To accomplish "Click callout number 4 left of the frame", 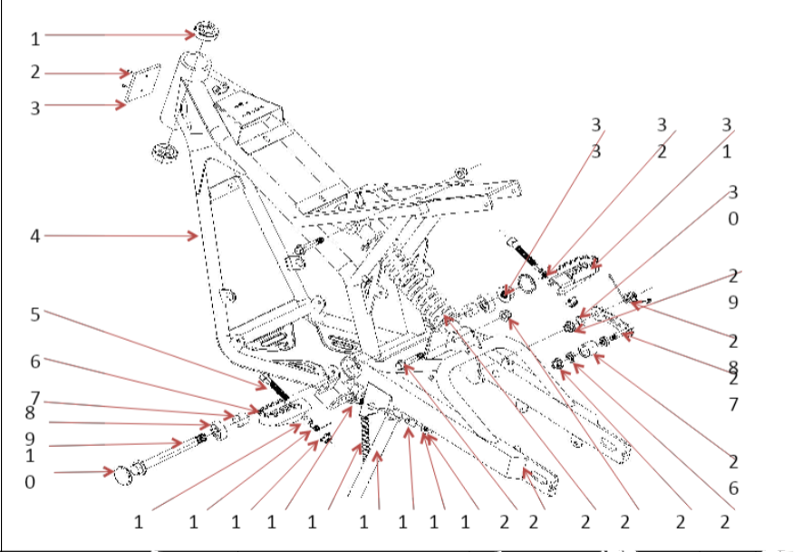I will tap(34, 236).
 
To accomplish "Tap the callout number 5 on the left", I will tap(34, 315).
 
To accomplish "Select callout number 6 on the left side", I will tap(34, 361).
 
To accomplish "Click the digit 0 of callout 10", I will tap(31, 481).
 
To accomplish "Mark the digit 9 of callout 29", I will tap(733, 302).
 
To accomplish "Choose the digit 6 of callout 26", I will tap(733, 489).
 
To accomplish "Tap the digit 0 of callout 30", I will tap(733, 218).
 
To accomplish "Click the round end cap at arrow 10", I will tap(123, 473).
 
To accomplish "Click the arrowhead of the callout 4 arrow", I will tap(196, 236).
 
